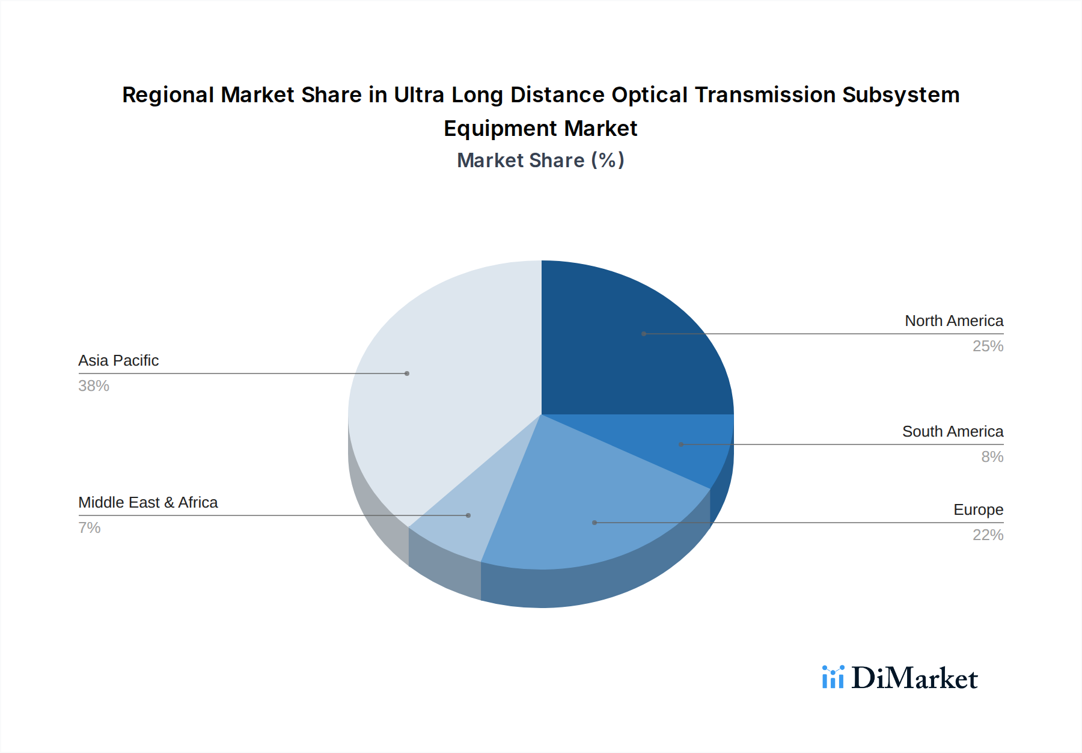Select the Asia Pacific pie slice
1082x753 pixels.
tap(445, 385)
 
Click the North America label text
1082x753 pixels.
tap(953, 321)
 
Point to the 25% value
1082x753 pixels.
tap(988, 346)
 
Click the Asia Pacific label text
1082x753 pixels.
tap(118, 361)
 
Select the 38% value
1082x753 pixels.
tap(94, 386)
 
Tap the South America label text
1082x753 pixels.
tap(952, 432)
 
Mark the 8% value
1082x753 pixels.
tap(992, 457)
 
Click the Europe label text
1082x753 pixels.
tap(978, 510)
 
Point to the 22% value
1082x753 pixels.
tap(988, 535)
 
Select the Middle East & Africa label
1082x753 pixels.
tap(148, 503)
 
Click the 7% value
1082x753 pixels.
tap(89, 528)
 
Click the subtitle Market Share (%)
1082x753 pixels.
tap(540, 161)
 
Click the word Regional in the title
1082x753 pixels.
tap(168, 95)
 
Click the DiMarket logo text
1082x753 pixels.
tap(914, 678)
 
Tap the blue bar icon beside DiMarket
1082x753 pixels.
tap(833, 677)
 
